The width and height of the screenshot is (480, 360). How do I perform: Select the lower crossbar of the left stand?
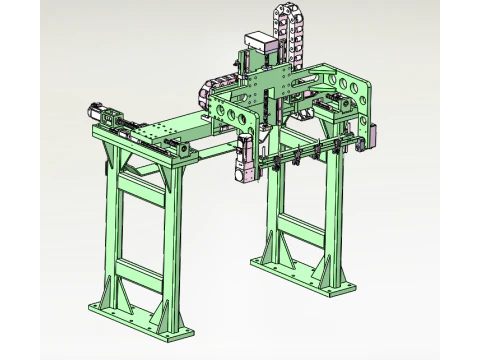tap(141, 269)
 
